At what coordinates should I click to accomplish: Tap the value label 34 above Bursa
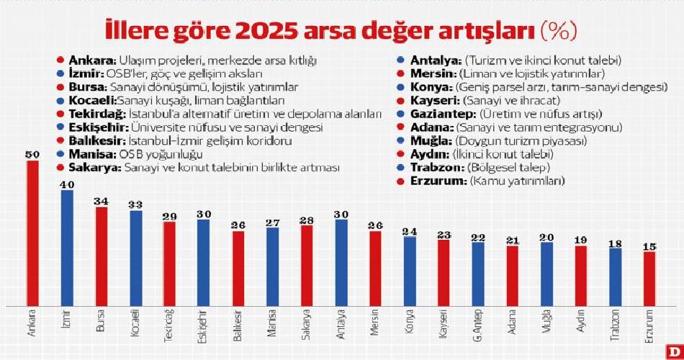click(x=101, y=201)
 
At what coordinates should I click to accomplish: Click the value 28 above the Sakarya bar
click(x=307, y=220)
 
